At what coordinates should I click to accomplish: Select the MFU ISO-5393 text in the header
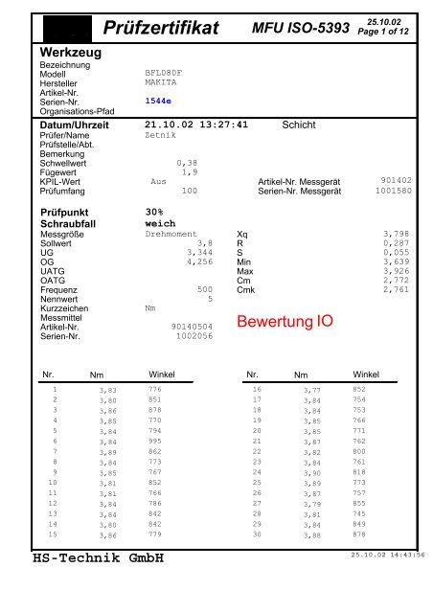click(300, 32)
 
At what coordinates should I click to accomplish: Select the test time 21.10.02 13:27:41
click(196, 125)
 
